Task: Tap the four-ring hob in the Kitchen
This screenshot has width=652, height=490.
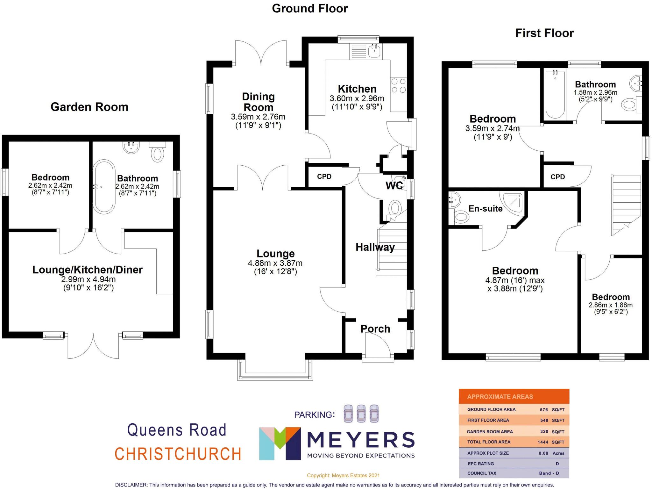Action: (398, 86)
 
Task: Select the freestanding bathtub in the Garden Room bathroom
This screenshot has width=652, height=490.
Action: (104, 187)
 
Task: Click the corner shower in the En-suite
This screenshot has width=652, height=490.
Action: (512, 201)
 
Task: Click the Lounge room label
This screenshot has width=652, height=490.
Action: (275, 254)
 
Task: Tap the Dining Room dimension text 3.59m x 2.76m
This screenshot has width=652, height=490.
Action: (258, 117)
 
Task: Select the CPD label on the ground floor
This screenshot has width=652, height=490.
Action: (324, 177)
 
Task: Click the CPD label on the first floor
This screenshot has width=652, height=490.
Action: (557, 177)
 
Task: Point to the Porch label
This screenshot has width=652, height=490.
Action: (375, 329)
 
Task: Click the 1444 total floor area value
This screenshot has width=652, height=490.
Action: (543, 442)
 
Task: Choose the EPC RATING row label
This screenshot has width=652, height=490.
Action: (481, 464)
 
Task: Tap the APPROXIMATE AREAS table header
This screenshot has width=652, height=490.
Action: (500, 397)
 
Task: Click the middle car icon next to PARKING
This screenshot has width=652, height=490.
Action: (361, 414)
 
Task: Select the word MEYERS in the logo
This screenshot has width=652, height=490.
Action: (360, 440)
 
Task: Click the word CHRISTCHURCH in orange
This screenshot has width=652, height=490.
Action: (178, 454)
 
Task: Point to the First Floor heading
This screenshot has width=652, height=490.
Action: (544, 33)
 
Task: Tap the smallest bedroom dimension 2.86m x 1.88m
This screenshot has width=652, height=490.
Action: (610, 305)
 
